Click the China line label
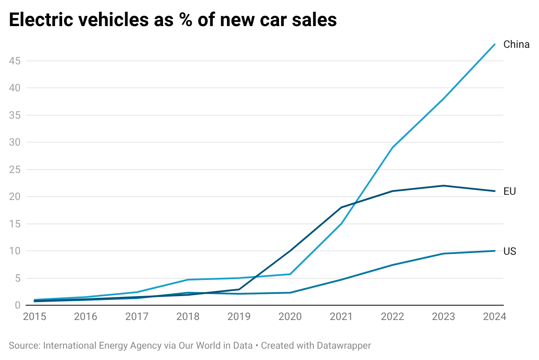(516, 44)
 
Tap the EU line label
(509, 191)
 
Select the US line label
(509, 251)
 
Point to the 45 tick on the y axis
(15, 61)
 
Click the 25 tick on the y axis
(15, 170)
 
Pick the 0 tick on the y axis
(17, 305)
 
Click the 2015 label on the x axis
(34, 317)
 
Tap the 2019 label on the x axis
(239, 317)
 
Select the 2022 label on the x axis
(393, 317)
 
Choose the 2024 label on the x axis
(494, 317)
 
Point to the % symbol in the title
(186, 20)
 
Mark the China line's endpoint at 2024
(495, 44)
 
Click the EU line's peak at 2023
(443, 186)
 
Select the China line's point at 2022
(393, 148)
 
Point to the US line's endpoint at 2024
(495, 251)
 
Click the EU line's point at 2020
(290, 251)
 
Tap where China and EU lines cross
(356, 202)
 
